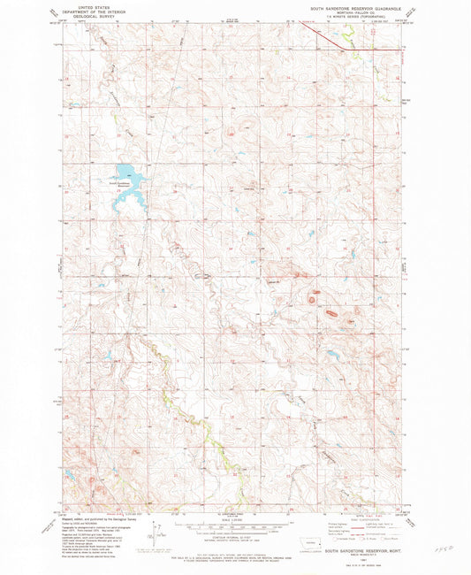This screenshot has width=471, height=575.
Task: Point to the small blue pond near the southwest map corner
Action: coord(72,473)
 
